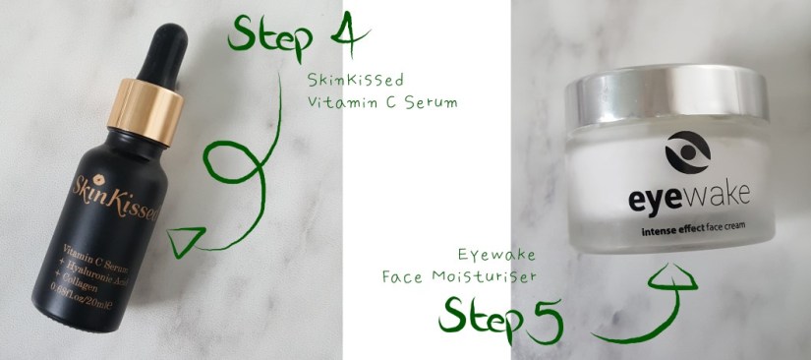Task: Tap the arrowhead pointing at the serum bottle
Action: [182, 241]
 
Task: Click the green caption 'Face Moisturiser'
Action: [456, 278]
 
